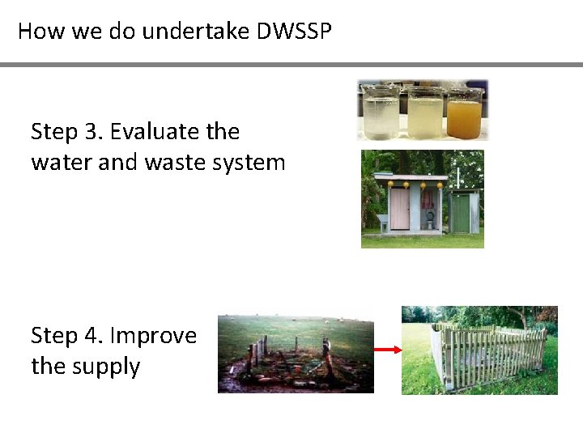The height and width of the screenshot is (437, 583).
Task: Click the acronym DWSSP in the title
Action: [x=295, y=32]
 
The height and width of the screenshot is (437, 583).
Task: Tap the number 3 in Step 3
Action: [x=92, y=131]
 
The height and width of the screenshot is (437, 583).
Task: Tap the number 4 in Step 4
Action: [x=93, y=335]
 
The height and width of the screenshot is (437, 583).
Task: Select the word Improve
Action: [x=153, y=335]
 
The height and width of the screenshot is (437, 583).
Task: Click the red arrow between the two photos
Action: [x=388, y=350]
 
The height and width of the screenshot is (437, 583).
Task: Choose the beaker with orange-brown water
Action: [x=464, y=114]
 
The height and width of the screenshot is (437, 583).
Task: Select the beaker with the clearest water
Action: [x=381, y=114]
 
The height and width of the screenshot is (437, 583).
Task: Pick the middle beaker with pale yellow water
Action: [x=423, y=114]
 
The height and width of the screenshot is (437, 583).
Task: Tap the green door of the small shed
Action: [x=460, y=214]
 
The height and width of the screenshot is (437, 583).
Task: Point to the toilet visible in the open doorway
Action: [x=429, y=216]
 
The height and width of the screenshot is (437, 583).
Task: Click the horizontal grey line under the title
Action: [x=291, y=65]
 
